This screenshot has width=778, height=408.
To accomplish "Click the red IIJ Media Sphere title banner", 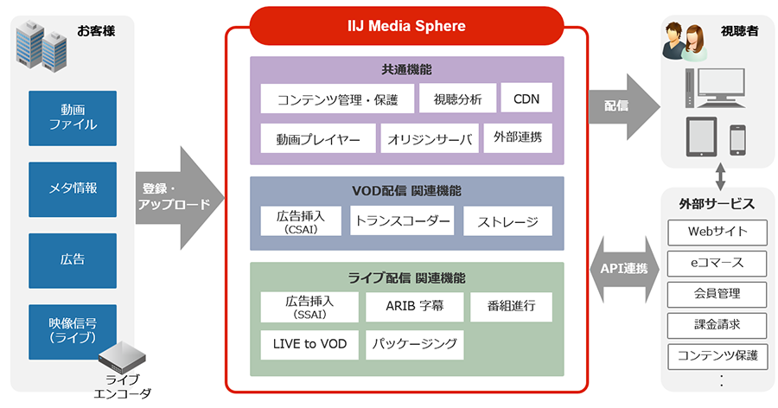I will pos(406,26).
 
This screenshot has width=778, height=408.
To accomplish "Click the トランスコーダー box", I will pos(402,220).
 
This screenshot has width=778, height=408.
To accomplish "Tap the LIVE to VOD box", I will pos(309,344).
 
